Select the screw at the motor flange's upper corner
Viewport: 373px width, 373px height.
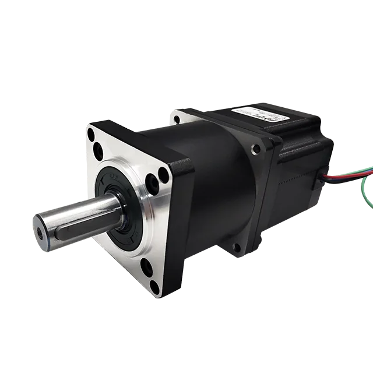click(x=255, y=149)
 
